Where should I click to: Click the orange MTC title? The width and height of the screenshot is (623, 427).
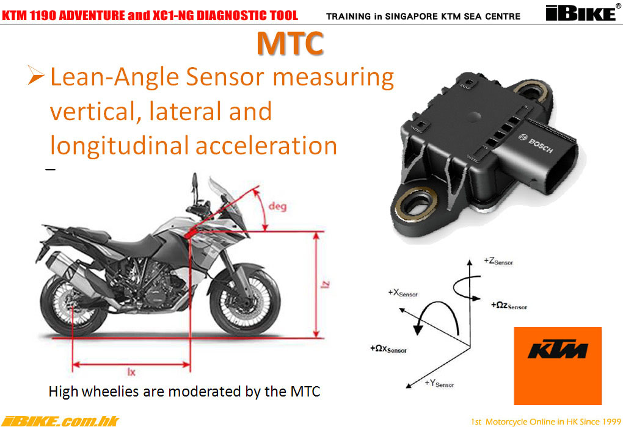(290, 43)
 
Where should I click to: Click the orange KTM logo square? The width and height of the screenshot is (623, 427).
(558, 365)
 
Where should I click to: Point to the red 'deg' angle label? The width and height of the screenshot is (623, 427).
(277, 206)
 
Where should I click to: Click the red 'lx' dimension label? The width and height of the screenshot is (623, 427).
(131, 372)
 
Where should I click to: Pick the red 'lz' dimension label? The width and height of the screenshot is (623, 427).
(326, 284)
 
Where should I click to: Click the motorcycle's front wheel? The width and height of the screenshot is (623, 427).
(245, 301)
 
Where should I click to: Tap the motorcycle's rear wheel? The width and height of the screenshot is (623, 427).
(74, 305)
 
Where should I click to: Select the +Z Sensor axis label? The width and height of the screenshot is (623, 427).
(498, 261)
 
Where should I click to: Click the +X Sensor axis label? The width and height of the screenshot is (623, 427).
(403, 293)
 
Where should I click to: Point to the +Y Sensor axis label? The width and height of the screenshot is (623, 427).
(439, 383)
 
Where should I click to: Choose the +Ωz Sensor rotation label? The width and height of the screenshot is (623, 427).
(509, 306)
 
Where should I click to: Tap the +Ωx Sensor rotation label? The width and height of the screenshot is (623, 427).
(388, 349)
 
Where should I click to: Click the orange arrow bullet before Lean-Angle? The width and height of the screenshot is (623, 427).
(36, 76)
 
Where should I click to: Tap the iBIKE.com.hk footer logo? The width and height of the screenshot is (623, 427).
(60, 421)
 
